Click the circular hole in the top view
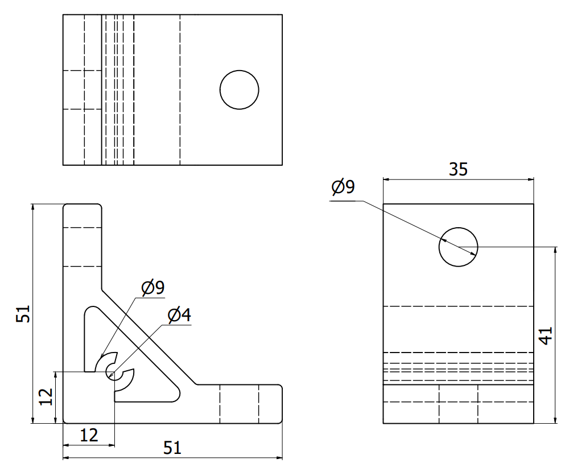pos(240,90)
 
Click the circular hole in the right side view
pos(458,247)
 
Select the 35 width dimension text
pos(458,169)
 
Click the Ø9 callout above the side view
pos(343,187)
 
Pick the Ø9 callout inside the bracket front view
pos(152,288)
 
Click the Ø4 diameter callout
pos(179,314)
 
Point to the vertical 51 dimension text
pos(23,313)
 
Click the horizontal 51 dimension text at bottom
pos(172,448)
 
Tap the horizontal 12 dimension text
pos(88,436)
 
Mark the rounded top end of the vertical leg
pos(82,206)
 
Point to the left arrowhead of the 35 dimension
pos(386,179)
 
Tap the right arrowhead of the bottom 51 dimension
pos(279,457)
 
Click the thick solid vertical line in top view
pos(102,90)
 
